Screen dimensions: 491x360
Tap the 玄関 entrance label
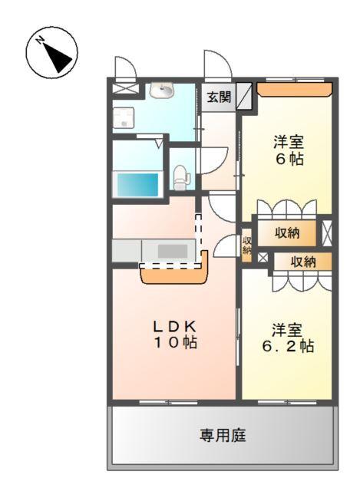[x=219, y=97]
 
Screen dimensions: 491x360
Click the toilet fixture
[x=181, y=177]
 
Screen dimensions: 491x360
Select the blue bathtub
[x=137, y=184]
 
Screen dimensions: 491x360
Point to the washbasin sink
[x=162, y=91]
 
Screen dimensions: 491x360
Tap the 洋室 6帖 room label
[x=288, y=150]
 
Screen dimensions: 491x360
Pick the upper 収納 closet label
[x=287, y=233]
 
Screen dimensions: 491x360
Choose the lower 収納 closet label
[x=302, y=262]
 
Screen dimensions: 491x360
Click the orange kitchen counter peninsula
[x=175, y=273]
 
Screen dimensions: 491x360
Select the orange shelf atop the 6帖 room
[x=293, y=91]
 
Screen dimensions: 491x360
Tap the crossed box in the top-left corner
[x=123, y=89]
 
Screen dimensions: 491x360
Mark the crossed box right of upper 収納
[x=327, y=233]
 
